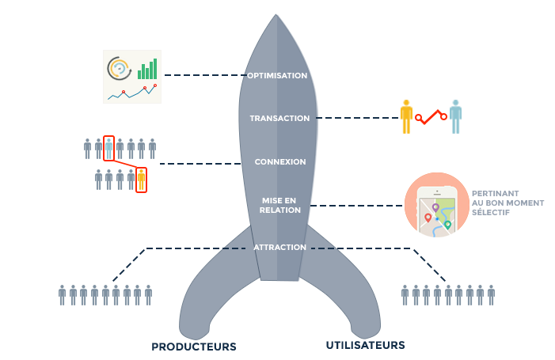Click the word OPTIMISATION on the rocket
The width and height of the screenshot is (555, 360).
277,76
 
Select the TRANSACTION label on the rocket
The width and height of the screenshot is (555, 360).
279,119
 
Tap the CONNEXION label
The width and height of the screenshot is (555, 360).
279,162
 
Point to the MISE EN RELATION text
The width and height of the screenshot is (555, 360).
280,205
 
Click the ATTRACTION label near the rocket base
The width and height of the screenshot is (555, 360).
279,248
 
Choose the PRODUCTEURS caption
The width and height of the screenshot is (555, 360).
194,347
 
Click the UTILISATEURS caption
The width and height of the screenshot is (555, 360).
366,346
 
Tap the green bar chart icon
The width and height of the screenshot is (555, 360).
147,70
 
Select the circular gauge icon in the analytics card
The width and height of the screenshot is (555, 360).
119,69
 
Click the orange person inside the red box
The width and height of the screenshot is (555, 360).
141,180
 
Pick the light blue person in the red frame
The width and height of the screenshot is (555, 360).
108,148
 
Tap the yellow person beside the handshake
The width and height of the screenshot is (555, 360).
406,116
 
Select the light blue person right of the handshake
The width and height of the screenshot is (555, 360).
455,116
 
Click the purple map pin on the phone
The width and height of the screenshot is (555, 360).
435,208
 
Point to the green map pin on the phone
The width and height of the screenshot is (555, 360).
447,225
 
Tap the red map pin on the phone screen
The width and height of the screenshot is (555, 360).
428,218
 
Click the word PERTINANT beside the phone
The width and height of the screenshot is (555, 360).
494,194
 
